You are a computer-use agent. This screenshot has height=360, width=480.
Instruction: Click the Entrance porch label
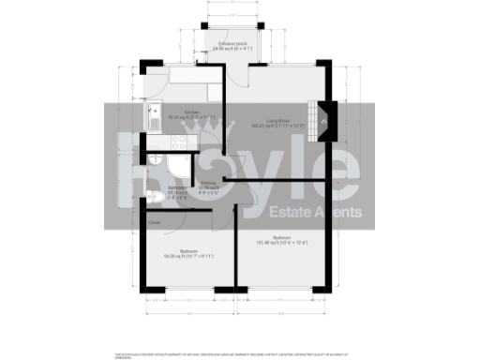click(x=230, y=43)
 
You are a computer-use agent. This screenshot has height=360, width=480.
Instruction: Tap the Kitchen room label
click(x=191, y=112)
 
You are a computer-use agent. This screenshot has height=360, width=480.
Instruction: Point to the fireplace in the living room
click(x=324, y=118)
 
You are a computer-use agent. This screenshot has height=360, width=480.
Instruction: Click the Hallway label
click(x=208, y=184)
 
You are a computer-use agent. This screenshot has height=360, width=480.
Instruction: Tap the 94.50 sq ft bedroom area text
click(x=187, y=256)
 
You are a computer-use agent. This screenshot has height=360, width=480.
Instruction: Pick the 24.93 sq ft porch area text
click(x=230, y=49)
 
